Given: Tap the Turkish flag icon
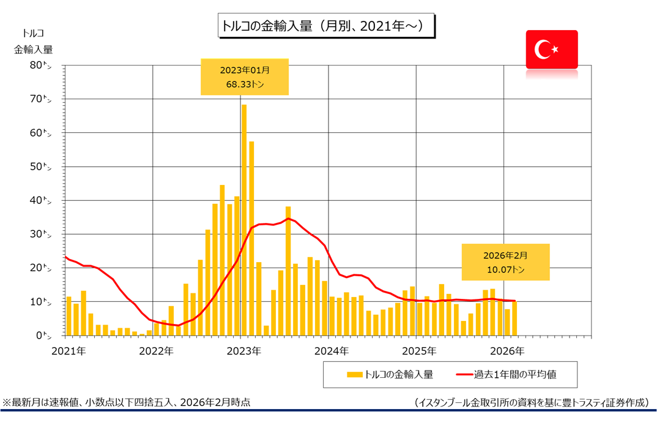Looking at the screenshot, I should click(551, 49).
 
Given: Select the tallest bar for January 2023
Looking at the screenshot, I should click(244, 220).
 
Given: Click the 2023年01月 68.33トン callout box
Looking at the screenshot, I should click(244, 77).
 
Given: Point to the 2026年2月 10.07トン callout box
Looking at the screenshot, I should click(505, 262).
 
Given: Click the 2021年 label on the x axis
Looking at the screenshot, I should click(69, 351).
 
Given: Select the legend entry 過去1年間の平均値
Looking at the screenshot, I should click(507, 374).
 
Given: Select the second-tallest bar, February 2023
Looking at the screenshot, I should click(251, 239).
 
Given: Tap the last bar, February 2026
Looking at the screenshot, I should click(514, 318).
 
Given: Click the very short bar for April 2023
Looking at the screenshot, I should click(266, 331).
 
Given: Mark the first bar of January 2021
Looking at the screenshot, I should click(69, 316).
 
